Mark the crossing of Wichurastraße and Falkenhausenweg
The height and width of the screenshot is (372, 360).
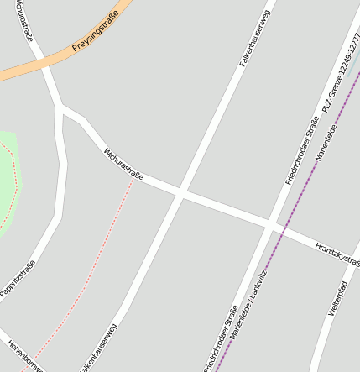[180, 194]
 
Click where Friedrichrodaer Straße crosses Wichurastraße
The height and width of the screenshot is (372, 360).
[271, 226]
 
